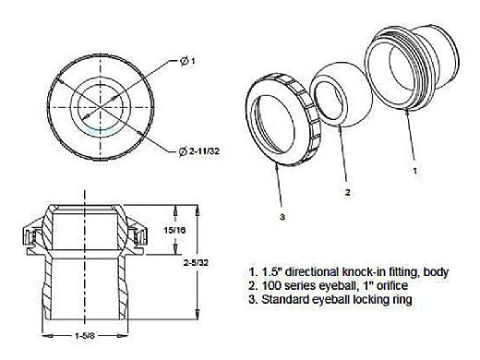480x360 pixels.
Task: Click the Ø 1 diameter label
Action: coord(187,61)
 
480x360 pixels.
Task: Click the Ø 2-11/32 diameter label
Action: coord(199,151)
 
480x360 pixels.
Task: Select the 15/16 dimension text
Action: coord(174,230)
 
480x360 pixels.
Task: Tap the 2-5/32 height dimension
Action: coord(196,263)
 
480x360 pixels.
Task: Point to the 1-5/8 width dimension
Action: coord(85,336)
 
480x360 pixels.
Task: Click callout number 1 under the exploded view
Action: coord(414,170)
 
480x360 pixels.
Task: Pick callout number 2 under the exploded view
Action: coord(347,193)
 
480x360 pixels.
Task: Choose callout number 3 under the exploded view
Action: coord(282,217)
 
